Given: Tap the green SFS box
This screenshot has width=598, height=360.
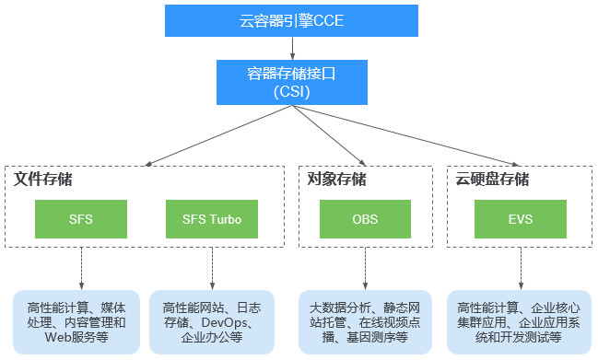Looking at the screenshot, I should [x=80, y=219].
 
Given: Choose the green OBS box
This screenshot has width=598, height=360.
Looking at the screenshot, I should [x=365, y=219].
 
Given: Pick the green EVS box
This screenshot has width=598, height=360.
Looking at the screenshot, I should [x=521, y=219].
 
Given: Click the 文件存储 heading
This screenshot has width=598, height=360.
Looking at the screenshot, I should [x=43, y=179].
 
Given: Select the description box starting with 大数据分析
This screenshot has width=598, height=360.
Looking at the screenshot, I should [x=366, y=321].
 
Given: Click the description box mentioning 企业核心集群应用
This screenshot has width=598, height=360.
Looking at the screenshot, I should [x=521, y=321].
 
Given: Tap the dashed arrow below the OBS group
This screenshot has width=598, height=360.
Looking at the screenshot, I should [x=366, y=267].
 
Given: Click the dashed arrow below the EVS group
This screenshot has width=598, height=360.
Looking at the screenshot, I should [x=521, y=267].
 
